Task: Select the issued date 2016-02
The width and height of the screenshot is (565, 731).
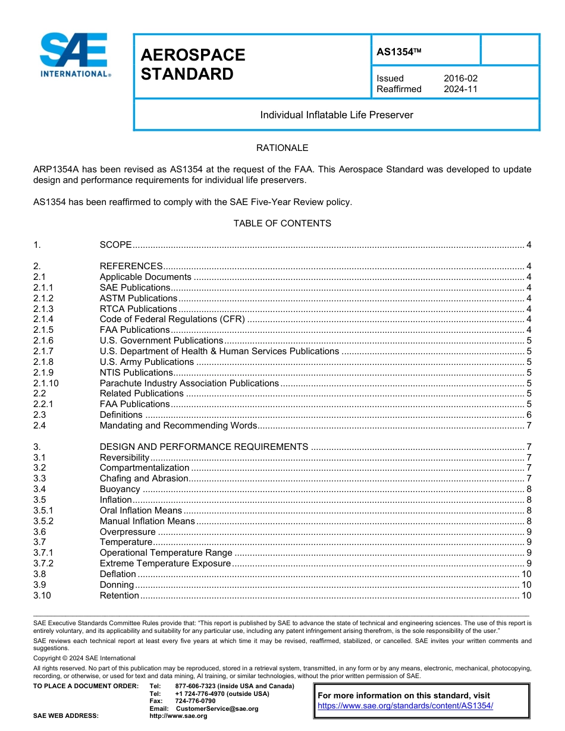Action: [460, 78]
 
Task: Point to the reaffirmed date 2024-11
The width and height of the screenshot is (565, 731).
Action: [460, 89]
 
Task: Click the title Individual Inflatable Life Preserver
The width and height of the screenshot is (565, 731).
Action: [337, 115]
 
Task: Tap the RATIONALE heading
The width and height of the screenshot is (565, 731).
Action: [282, 147]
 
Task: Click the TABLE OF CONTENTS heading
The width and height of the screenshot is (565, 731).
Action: [282, 223]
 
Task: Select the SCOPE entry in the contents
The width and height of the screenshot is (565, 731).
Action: [115, 245]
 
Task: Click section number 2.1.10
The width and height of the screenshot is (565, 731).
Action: [46, 383]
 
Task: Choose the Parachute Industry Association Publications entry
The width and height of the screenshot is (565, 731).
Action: [189, 383]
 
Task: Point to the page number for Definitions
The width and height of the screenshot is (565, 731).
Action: [529, 415]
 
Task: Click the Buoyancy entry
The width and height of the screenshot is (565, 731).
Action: [120, 489]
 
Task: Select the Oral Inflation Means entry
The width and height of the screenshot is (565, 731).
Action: [141, 511]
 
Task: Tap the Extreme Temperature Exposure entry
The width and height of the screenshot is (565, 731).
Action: [165, 563]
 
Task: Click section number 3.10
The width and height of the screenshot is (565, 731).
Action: [42, 595]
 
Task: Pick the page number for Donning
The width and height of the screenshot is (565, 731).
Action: [526, 585]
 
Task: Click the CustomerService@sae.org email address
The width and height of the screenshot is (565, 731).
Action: [217, 709]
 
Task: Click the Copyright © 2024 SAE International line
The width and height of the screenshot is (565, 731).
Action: [84, 658]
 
